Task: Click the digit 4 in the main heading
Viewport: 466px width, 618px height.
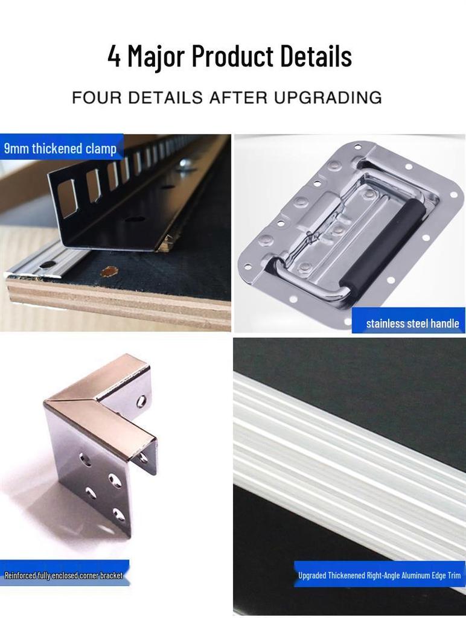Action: pyautogui.click(x=114, y=56)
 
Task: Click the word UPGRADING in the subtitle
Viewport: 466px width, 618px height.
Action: pyautogui.click(x=328, y=97)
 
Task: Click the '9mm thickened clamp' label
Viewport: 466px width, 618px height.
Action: pyautogui.click(x=60, y=148)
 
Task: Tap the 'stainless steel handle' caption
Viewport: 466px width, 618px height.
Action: pyautogui.click(x=412, y=323)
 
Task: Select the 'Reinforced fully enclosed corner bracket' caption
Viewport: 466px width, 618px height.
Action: pyautogui.click(x=63, y=575)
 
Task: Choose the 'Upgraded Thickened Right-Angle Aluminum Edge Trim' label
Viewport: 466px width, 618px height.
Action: pyautogui.click(x=379, y=575)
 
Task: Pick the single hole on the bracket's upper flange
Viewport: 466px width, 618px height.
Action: pyautogui.click(x=141, y=401)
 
